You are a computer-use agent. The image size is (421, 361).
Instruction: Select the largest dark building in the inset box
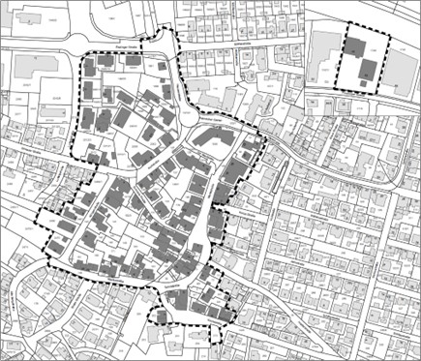coord(368,69)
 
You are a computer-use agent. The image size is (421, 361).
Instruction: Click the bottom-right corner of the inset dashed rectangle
coord(384,91)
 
